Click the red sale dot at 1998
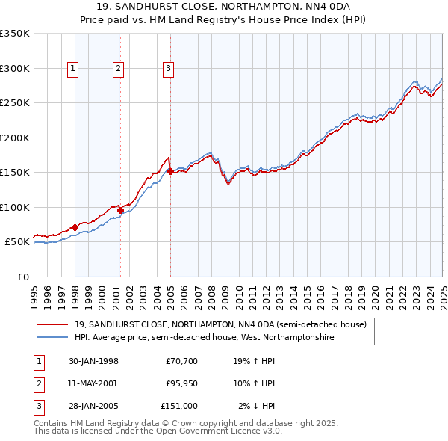tap(75, 227)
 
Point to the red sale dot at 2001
tap(120, 210)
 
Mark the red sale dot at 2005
tap(171, 171)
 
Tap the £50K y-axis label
tap(17, 242)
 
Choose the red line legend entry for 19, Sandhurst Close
tap(220, 325)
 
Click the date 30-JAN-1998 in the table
tap(93, 362)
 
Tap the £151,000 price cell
tap(179, 406)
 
